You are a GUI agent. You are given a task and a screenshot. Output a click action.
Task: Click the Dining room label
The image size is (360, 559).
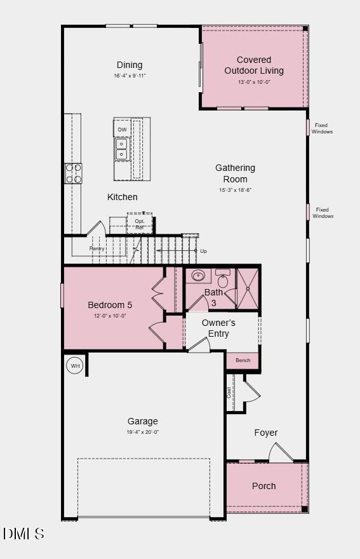point(130,65)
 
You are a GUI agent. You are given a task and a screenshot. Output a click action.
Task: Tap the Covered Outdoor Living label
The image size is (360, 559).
point(254,65)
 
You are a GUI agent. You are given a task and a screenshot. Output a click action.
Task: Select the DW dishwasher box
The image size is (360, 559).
point(122,130)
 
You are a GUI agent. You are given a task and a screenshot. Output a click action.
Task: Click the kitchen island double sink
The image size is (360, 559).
point(121,149)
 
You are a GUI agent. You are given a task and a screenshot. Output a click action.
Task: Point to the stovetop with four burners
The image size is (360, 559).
point(73,173)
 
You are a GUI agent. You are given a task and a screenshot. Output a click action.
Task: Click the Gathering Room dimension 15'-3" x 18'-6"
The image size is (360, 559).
point(235,190)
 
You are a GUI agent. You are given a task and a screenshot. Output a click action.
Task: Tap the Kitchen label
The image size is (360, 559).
point(122,197)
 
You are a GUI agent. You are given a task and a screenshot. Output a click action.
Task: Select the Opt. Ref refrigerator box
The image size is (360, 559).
point(139,224)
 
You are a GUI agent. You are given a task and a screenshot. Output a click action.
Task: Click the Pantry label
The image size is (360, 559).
point(97,248)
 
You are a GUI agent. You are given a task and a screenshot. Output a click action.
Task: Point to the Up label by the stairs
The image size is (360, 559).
point(203,251)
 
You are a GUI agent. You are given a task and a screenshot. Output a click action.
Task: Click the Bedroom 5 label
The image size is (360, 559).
point(110,305)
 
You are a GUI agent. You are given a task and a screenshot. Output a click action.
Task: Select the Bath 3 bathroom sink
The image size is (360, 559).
point(199,276)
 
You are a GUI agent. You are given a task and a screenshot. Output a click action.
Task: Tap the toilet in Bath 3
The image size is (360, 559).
point(223,279)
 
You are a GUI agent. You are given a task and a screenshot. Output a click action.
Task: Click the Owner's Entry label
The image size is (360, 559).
point(218,328)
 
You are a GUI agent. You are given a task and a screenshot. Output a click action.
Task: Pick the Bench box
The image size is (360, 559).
point(243,360)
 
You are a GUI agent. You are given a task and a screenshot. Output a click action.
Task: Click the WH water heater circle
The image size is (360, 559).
point(75,366)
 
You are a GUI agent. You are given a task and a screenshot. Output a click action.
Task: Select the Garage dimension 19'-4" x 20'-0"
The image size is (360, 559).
point(143,432)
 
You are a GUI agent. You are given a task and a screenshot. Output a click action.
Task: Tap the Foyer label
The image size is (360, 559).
point(266,433)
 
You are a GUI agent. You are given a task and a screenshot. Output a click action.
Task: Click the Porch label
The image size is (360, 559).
point(264,486)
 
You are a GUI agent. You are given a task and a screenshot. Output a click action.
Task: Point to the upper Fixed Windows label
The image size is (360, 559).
point(322,128)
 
